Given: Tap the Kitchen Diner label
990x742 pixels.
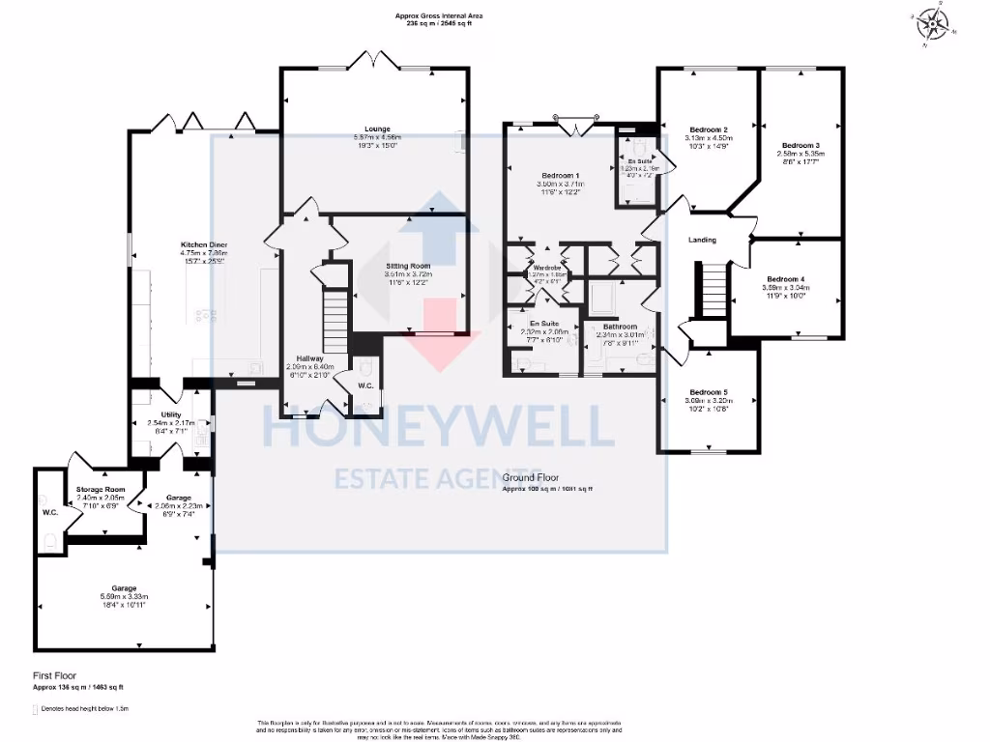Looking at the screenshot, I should (203, 244).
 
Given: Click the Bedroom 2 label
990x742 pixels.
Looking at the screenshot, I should (709, 128).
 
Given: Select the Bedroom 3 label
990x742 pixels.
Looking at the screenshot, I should (801, 144).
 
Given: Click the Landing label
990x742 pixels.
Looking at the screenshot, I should (702, 240).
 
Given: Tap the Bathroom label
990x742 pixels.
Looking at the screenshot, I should (620, 327).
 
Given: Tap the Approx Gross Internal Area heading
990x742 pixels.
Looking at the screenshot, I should (439, 16).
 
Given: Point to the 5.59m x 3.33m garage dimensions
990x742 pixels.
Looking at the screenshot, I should (124, 597).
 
